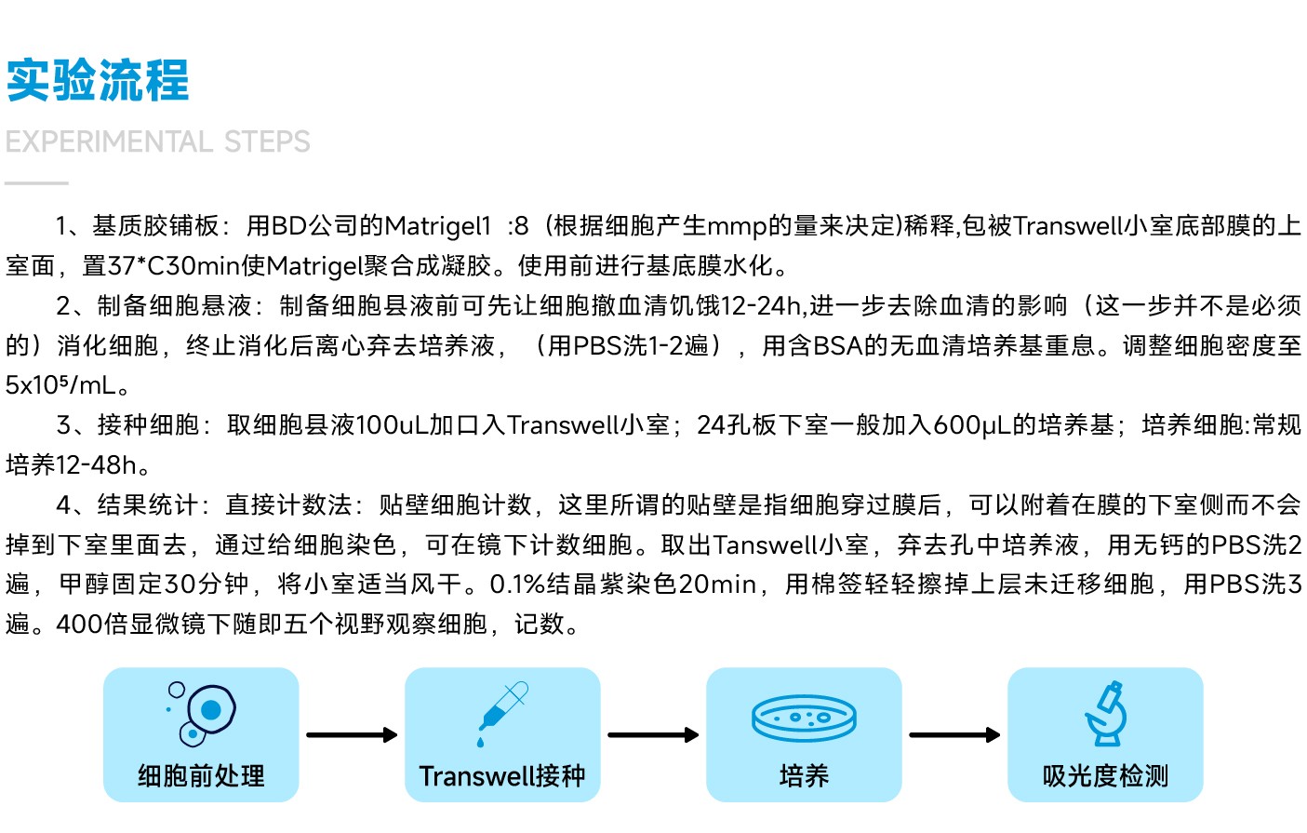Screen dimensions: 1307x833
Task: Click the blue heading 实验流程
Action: (98, 80)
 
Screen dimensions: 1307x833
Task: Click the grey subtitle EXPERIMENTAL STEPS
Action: (157, 141)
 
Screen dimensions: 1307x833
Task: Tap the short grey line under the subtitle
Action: (36, 183)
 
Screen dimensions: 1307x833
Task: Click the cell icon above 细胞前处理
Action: (201, 713)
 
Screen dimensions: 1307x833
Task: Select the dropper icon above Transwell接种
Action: (502, 714)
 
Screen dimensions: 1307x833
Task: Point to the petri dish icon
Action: (804, 718)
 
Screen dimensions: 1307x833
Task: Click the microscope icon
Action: (1106, 713)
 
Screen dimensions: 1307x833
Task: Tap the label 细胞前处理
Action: (201, 776)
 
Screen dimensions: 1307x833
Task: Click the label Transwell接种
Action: (502, 776)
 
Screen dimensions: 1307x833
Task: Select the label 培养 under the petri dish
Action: (804, 776)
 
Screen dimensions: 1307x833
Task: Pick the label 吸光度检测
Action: (1106, 776)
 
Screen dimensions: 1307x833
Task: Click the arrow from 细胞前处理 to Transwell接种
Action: (352, 735)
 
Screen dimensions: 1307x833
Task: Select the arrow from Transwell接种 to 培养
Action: (653, 735)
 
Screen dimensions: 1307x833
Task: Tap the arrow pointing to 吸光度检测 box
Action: (955, 735)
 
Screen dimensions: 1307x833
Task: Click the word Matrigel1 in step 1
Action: (437, 226)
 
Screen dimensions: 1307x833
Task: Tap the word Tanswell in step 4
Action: (765, 544)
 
